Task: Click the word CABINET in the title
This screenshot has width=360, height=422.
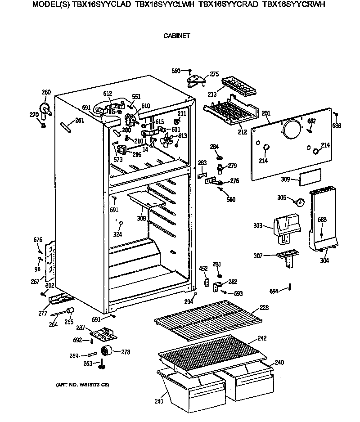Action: (176, 35)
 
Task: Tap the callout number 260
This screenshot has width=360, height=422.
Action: (46, 92)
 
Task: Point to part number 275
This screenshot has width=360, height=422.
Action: (214, 74)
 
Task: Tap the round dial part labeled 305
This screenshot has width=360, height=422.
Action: (298, 200)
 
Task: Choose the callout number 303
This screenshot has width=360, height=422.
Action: (257, 226)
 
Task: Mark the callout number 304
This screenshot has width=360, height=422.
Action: (324, 260)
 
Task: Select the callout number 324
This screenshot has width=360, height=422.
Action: (117, 234)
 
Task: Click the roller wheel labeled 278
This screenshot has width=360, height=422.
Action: (107, 351)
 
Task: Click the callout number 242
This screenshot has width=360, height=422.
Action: (262, 338)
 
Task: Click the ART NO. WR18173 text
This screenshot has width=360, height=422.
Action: (82, 385)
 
